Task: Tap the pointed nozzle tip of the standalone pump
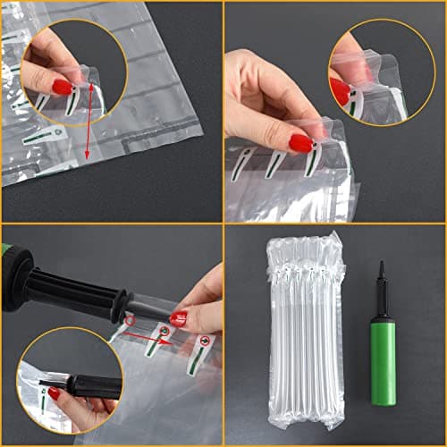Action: tap(382, 266)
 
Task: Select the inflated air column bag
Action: tap(306, 331)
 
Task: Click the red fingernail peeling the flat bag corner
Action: tap(62, 87)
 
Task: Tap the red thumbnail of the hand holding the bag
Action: tap(300, 143)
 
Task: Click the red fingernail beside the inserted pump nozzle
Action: tap(179, 317)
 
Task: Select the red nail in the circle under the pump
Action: tap(55, 392)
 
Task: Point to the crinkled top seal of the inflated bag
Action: tap(306, 242)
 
